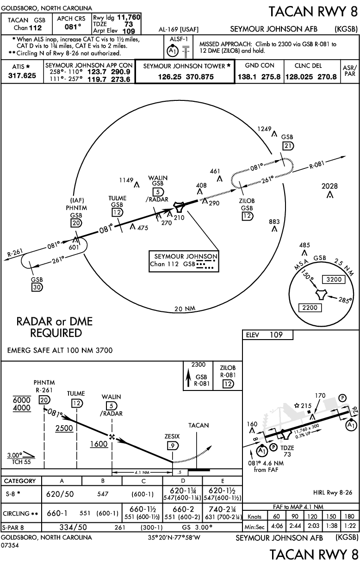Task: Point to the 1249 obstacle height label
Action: tap(265, 129)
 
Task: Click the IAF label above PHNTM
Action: tap(76, 200)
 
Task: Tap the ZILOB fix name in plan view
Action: tap(247, 200)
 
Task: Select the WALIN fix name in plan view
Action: tap(158, 178)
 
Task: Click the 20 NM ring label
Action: tap(184, 309)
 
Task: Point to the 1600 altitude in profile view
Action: tap(99, 443)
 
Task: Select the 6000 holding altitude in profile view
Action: tap(21, 400)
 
